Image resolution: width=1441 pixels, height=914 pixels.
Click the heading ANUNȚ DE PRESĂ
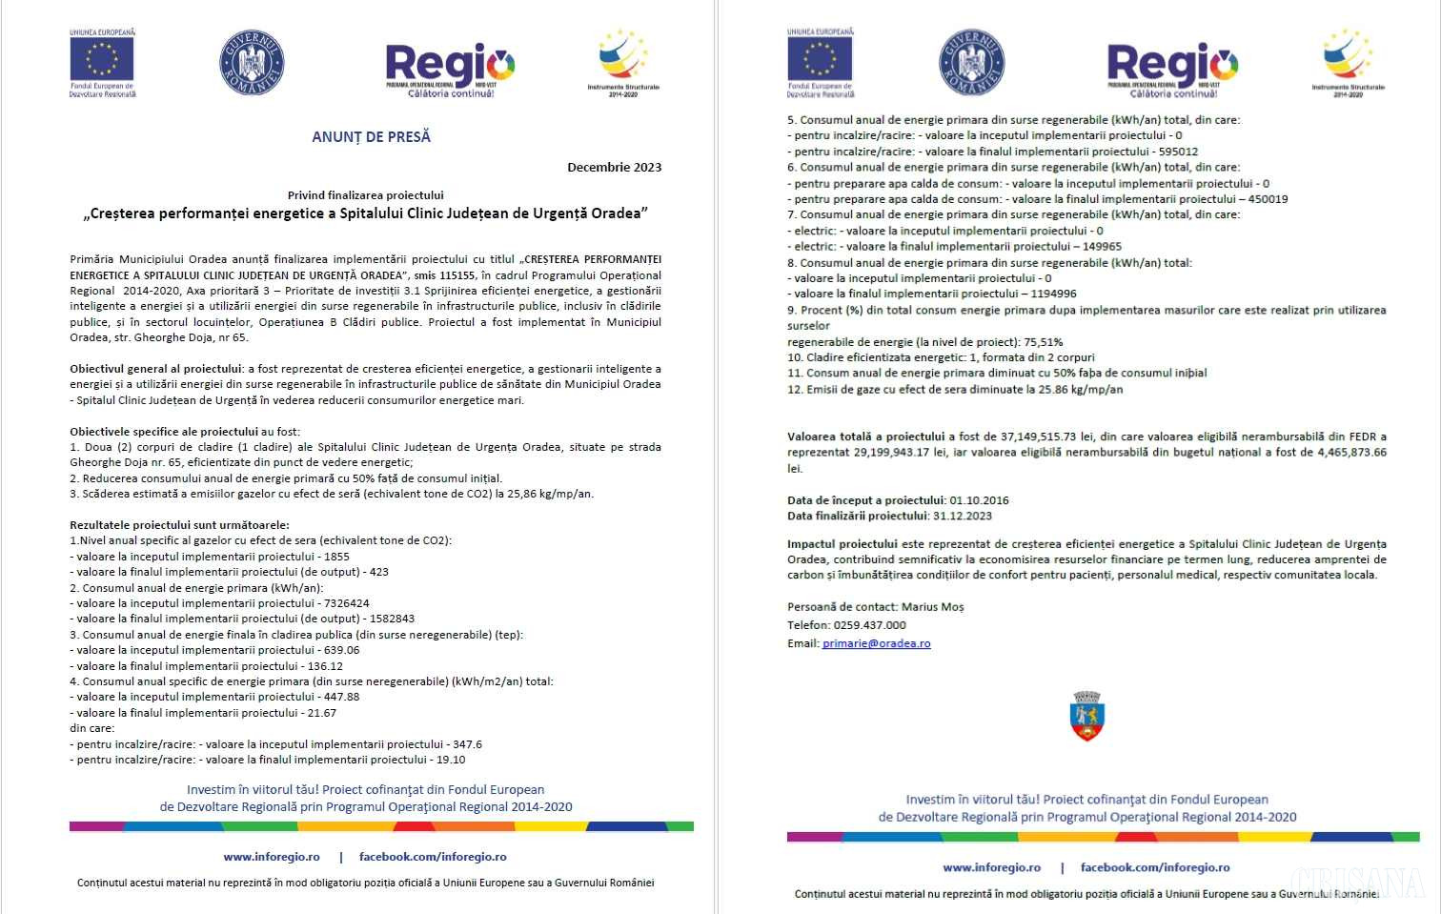coord(371,137)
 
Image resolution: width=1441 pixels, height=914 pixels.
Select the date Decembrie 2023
coord(614,168)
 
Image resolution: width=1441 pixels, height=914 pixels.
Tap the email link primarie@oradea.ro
coord(876,643)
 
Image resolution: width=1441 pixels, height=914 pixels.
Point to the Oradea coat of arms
coord(1086,717)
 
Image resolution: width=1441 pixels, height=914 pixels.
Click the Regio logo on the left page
coord(450,68)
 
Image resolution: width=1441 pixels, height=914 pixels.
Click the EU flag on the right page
coord(820,58)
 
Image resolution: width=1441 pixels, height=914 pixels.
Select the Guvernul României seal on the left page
coord(252,63)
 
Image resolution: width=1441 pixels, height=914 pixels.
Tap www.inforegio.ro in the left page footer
coord(272,857)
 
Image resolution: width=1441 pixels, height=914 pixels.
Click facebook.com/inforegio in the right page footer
coord(1154,867)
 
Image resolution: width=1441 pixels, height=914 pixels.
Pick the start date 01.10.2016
coord(979,500)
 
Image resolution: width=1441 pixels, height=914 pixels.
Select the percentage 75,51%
coord(1043,342)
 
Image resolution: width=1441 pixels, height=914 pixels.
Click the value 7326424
coord(346,603)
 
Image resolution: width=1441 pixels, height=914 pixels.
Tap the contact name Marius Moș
coord(932,607)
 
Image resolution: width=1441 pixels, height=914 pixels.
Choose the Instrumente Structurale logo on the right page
coord(1347,61)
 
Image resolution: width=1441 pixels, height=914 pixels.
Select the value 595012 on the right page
coord(1178,152)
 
